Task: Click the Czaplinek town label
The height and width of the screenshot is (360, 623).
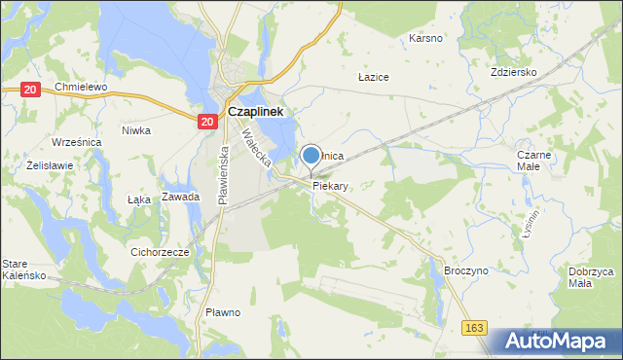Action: [x=255, y=112]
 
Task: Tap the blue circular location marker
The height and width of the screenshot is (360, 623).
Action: [x=311, y=155]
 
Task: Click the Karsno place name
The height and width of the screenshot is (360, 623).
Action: [x=426, y=39]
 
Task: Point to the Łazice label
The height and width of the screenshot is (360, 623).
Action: [x=374, y=76]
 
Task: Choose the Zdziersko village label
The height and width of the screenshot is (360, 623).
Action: [x=515, y=72]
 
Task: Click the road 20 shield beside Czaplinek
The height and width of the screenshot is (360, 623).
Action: [x=206, y=121]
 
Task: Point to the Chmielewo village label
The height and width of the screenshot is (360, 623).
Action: [x=80, y=87]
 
